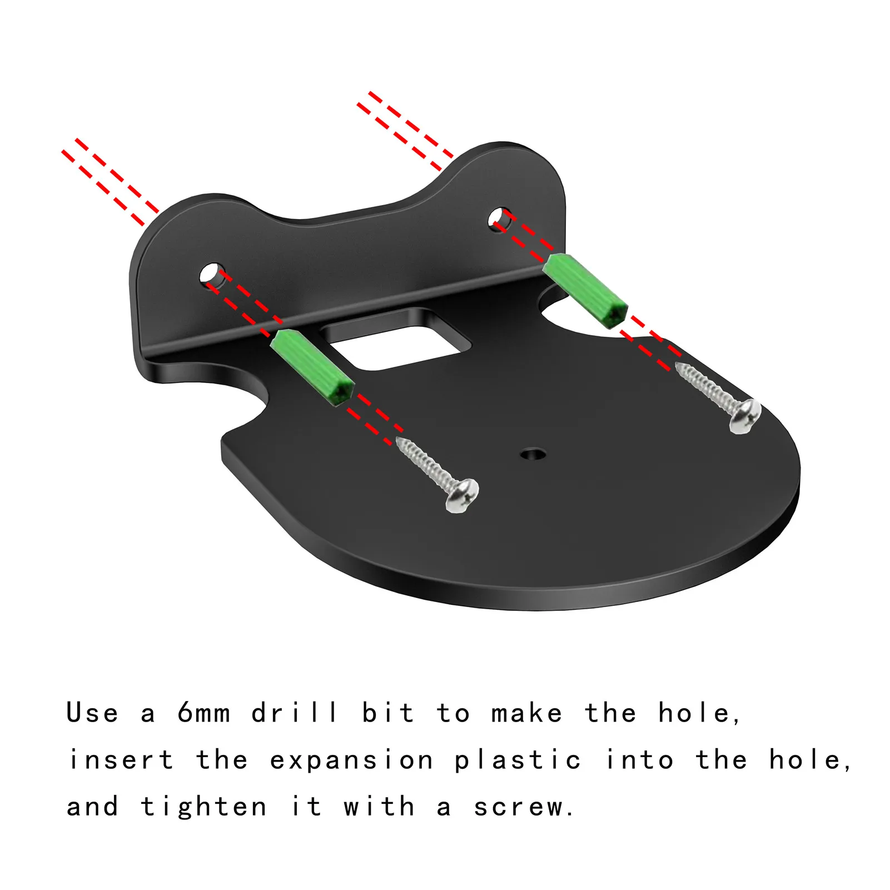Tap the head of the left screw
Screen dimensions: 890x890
click(463, 495)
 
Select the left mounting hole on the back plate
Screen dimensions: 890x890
click(212, 275)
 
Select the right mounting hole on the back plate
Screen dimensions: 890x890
click(500, 220)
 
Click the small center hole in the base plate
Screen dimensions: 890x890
click(533, 454)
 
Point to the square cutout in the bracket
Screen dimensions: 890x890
click(396, 339)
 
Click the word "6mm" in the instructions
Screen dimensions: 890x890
click(203, 713)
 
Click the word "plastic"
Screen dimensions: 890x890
click(518, 760)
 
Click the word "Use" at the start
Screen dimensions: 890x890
click(92, 713)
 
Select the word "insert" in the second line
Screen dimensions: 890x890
click(121, 760)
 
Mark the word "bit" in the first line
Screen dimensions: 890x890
click(387, 712)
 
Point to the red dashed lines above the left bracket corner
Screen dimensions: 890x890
click(111, 182)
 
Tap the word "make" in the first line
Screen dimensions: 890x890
click(526, 713)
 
